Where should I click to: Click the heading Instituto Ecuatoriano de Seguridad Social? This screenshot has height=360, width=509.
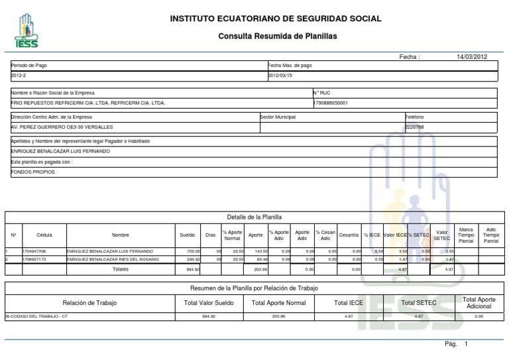click(276, 19)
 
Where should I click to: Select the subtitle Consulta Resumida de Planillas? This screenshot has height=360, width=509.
click(277, 36)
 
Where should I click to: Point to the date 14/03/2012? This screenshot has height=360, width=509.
click(472, 57)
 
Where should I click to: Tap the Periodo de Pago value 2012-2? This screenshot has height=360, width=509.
click(19, 76)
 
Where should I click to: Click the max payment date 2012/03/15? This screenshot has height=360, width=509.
click(280, 76)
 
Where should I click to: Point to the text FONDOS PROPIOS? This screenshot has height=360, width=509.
click(33, 172)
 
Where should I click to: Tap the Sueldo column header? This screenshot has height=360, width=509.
click(188, 235)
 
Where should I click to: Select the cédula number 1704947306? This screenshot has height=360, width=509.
click(34, 252)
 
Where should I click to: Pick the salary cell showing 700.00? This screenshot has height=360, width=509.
click(193, 252)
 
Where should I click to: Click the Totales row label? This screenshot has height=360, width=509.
click(121, 269)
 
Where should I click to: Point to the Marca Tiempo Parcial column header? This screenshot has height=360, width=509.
click(466, 235)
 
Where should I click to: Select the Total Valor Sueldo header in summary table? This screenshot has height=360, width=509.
click(209, 303)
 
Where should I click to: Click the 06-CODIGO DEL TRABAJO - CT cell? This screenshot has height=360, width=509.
click(37, 316)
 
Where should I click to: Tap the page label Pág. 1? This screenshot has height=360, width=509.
click(457, 344)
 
